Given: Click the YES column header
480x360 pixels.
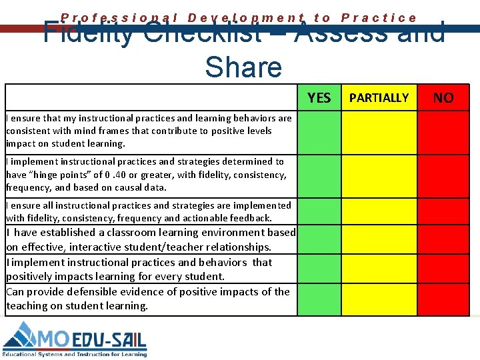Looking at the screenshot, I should coord(319,98).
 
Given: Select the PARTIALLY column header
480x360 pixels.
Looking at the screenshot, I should coord(379,98).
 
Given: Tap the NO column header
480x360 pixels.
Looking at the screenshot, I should coord(443,98).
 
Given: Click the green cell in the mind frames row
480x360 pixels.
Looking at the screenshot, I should coord(319,131).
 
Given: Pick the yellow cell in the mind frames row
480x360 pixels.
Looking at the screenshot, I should coord(379,131).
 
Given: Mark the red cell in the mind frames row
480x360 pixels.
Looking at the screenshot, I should coord(443,131).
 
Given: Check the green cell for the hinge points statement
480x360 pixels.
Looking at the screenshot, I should coord(319,175).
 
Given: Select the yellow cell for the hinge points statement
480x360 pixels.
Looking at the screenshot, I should coord(379,175).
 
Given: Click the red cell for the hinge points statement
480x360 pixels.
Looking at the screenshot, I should coord(443,175).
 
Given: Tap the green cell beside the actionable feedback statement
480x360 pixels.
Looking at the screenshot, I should coord(319,211).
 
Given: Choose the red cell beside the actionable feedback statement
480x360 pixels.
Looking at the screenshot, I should coord(443,211).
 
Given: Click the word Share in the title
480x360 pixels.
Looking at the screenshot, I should coord(243,67).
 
